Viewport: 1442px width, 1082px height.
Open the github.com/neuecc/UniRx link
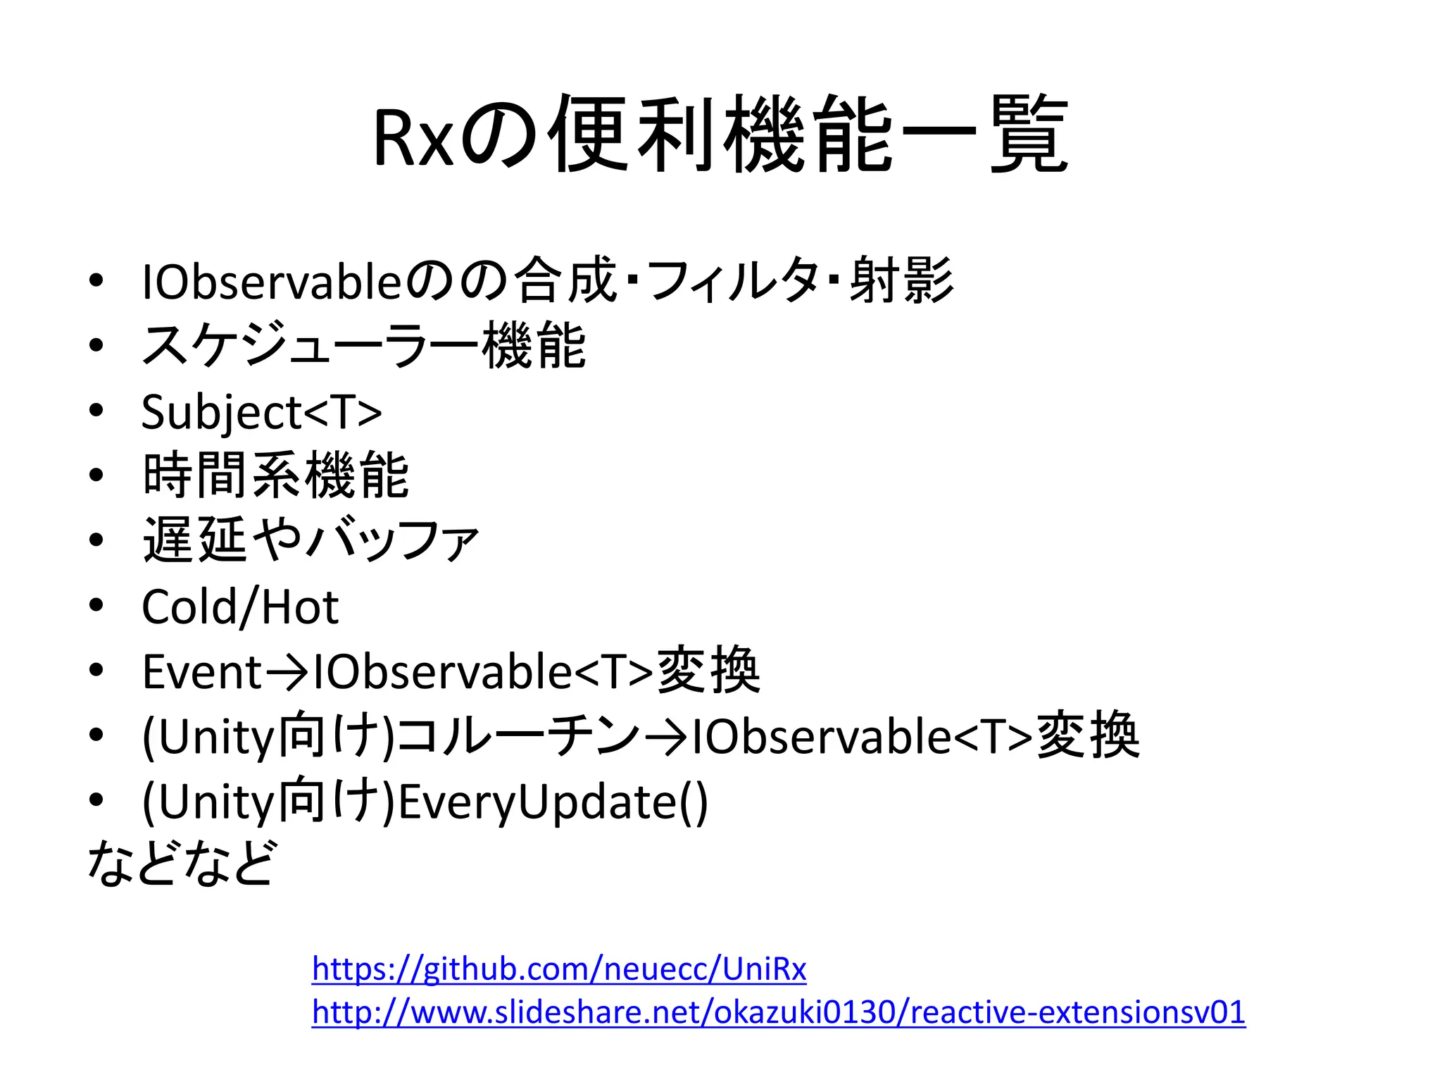[x=559, y=969]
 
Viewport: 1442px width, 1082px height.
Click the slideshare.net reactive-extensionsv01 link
[x=779, y=1012]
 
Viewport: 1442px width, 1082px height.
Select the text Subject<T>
[x=261, y=411]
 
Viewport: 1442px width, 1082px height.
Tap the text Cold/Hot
[x=240, y=607]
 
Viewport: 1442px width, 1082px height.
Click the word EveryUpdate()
[x=553, y=802]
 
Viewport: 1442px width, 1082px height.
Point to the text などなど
[x=182, y=863]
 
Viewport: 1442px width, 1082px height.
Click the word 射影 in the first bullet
[x=901, y=280]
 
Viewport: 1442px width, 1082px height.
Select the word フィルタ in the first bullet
[x=732, y=280]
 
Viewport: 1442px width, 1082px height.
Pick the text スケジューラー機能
[x=363, y=346]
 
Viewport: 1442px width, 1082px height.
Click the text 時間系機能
[x=275, y=476]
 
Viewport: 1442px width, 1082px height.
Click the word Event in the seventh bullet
[x=202, y=672]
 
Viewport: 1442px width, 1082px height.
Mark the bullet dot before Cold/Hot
[x=96, y=605]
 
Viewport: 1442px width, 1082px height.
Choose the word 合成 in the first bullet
[x=565, y=280]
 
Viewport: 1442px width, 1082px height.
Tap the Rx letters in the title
[x=412, y=138]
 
